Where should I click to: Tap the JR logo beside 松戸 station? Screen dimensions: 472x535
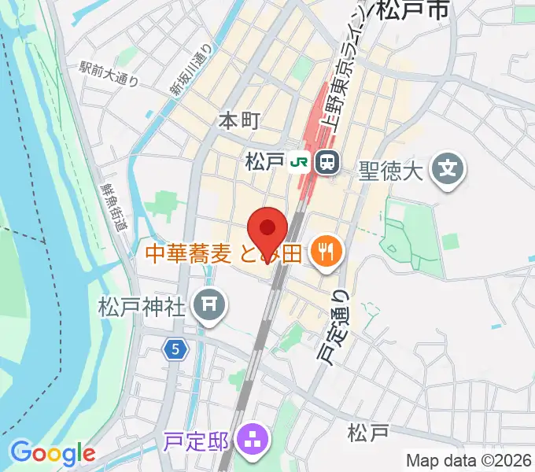[299, 163]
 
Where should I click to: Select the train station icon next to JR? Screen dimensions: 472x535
[326, 163]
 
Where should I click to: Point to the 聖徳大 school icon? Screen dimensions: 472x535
[448, 168]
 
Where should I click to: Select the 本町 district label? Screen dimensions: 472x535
[238, 120]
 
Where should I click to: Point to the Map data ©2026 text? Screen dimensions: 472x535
[469, 459]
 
